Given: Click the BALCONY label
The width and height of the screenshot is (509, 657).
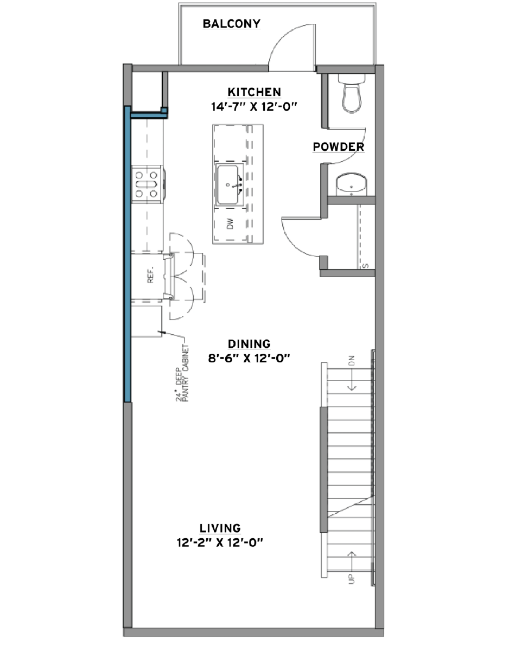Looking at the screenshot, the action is (x=231, y=23).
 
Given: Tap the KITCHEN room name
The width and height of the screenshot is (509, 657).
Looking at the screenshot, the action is (x=254, y=92).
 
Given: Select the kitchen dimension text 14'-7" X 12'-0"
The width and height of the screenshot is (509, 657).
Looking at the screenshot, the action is (x=254, y=107).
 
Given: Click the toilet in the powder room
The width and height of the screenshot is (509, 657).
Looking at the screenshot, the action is (x=352, y=93).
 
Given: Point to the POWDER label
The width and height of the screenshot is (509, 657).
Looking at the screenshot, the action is (x=339, y=147).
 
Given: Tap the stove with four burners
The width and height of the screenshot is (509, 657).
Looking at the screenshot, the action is (x=147, y=184).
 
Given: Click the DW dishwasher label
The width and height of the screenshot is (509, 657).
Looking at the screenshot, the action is (x=230, y=224).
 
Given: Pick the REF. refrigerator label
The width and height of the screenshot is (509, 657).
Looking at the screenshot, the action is (x=150, y=275).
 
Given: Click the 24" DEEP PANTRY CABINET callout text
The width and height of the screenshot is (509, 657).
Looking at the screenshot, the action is (x=182, y=373).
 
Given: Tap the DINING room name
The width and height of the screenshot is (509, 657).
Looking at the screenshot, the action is (x=249, y=344).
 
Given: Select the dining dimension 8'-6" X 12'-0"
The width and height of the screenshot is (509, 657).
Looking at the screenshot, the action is (x=249, y=359).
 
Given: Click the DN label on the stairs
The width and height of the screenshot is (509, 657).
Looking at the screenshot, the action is (x=352, y=361).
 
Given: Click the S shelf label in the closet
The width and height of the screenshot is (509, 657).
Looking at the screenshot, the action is (x=366, y=266).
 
